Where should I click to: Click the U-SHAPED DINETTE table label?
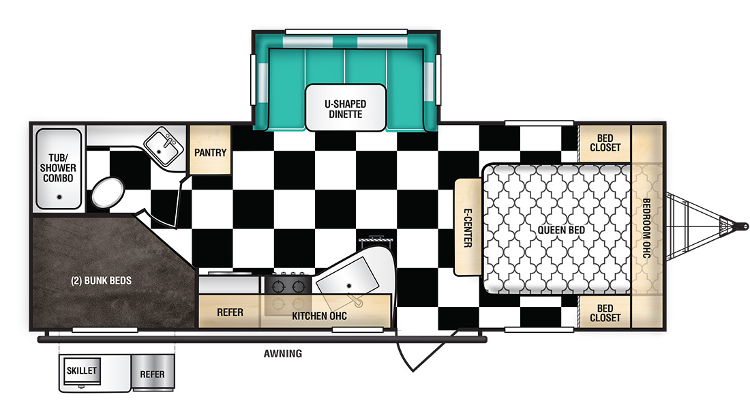[x=346, y=109]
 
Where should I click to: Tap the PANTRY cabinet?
[x=211, y=149]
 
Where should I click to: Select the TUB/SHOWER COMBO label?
[x=58, y=168]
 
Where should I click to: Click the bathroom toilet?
[x=108, y=193]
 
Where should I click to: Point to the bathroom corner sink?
[x=163, y=146]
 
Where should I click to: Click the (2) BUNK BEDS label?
[x=101, y=281]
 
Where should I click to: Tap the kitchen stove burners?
[x=288, y=286]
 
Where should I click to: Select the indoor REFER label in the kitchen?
[x=230, y=312]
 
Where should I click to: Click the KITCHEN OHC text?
[x=320, y=316]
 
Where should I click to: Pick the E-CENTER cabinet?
[x=468, y=227]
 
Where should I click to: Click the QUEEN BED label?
[x=561, y=231]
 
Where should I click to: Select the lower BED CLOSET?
[x=605, y=312]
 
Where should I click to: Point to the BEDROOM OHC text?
[x=646, y=228]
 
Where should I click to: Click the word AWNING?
[x=283, y=354]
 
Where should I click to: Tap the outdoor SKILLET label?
[x=82, y=371]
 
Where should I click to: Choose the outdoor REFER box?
[x=153, y=373]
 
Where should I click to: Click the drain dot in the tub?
[x=59, y=196]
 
